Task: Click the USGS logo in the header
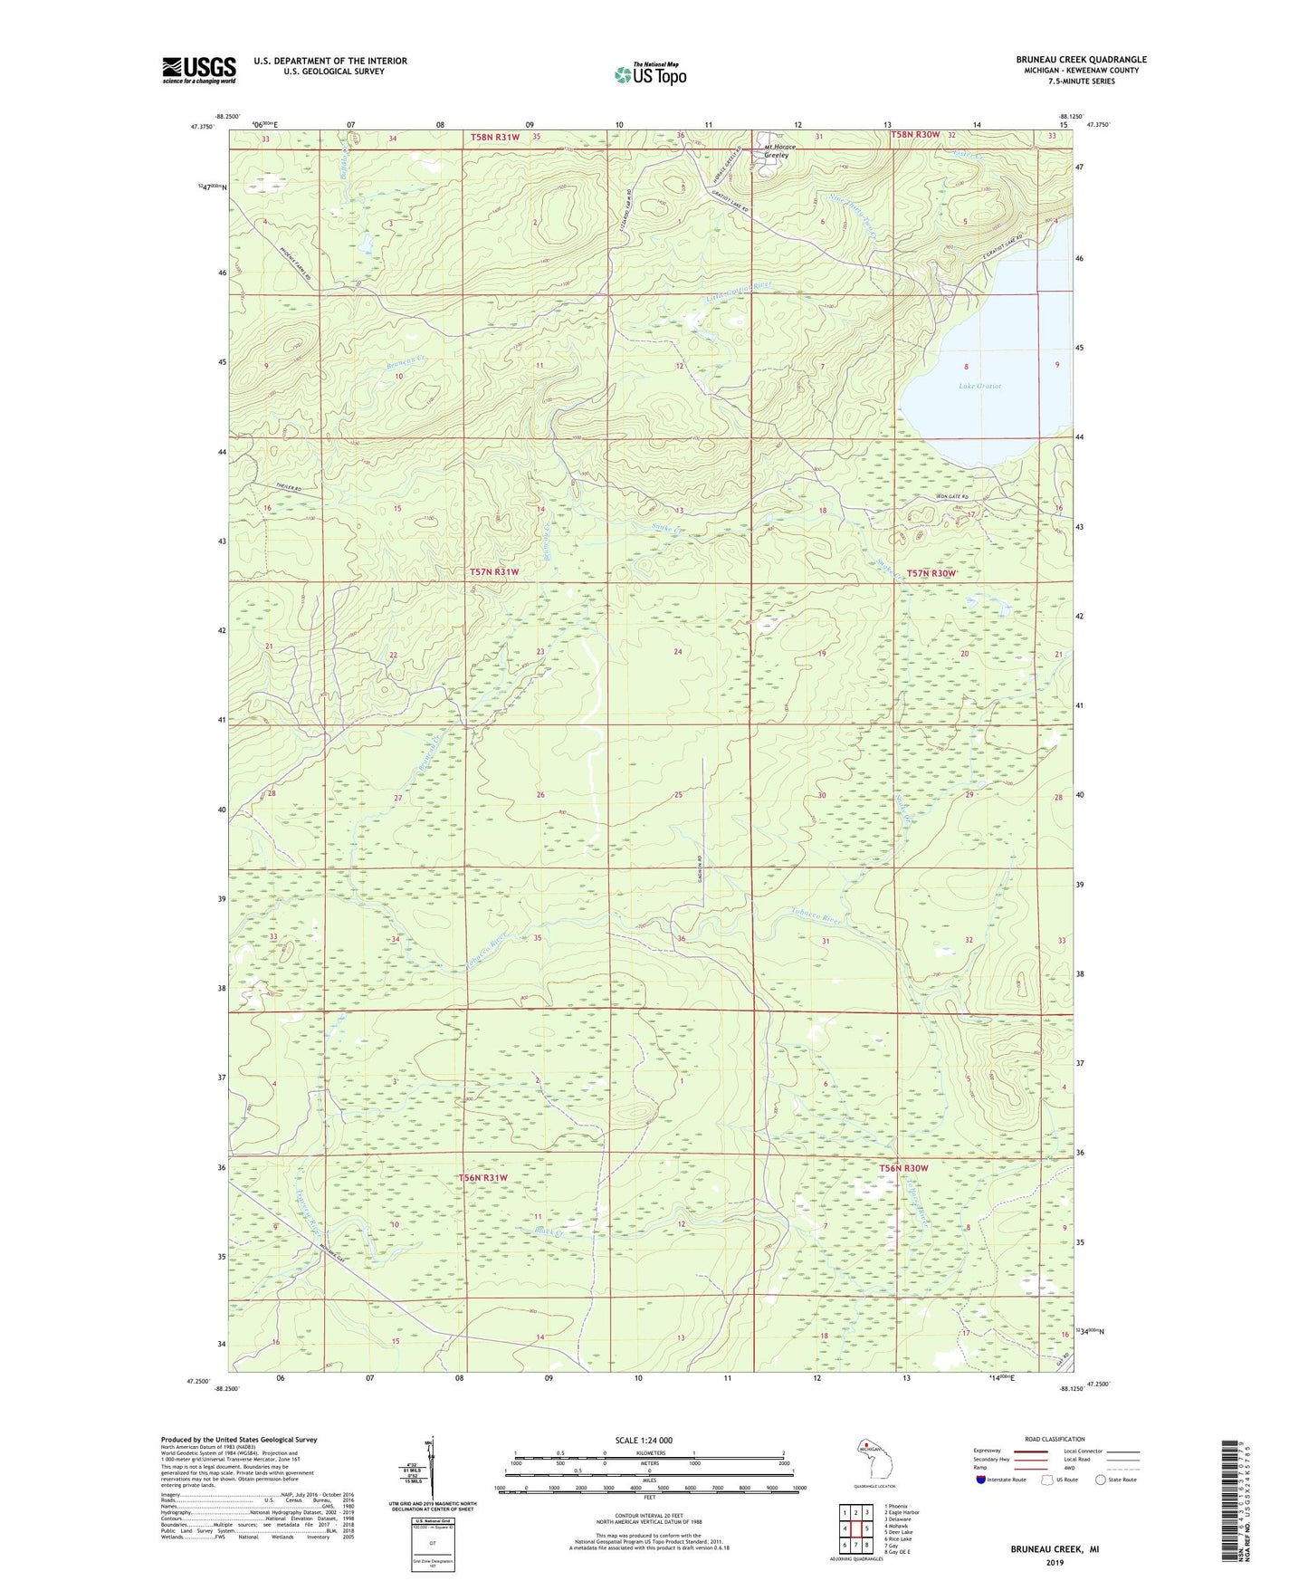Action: coord(198,69)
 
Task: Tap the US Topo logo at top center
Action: coord(650,73)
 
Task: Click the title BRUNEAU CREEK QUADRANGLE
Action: coord(1081,60)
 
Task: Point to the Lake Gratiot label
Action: coord(979,386)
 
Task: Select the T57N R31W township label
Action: coord(494,571)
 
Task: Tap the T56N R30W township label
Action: coord(903,1168)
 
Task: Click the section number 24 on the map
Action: coord(677,651)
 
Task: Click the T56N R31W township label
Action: coord(482,1177)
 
